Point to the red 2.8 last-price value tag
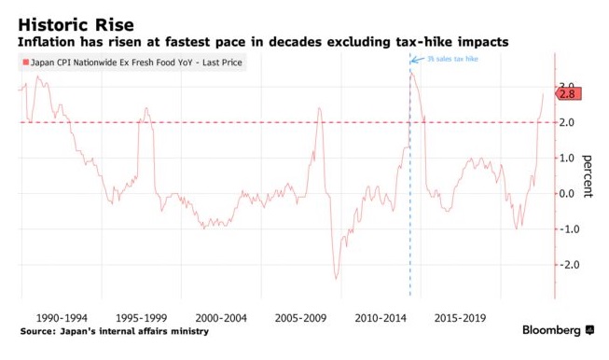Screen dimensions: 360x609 [570, 93]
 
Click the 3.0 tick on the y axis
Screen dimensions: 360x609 [565, 87]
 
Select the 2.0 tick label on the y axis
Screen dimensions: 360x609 [565, 122]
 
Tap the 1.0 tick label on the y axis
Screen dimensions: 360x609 [565, 158]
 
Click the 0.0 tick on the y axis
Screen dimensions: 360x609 [565, 193]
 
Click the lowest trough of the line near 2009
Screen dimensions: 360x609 [336, 278]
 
